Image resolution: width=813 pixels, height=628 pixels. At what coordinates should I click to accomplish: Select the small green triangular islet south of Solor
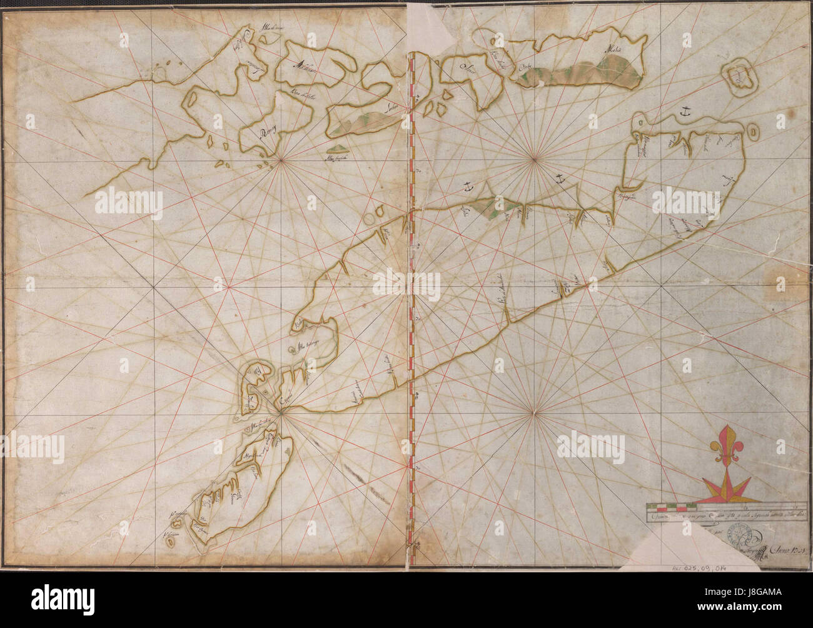pos(338,148)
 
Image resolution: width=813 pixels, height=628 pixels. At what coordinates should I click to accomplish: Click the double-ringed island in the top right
pos(740,76)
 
